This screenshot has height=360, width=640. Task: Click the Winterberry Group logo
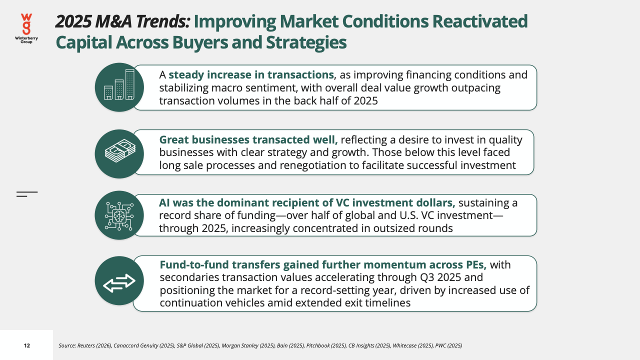pos(26,28)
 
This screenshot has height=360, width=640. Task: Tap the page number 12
pos(27,345)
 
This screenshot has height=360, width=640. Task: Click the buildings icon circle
pos(119,87)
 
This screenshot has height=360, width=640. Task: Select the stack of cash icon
pos(120,150)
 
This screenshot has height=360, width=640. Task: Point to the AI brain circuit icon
pos(119,216)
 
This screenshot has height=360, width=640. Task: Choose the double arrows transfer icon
pos(119,283)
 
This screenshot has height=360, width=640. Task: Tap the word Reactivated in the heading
pos(479,21)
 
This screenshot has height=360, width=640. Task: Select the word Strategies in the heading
pos(306,42)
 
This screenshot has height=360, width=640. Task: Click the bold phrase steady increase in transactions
pos(251,75)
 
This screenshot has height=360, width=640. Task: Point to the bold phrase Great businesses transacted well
pos(248,139)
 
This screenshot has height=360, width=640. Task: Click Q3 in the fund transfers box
pos(427,277)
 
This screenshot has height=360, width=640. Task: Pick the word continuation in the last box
pos(190,303)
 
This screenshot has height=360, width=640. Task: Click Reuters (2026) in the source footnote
pos(94,345)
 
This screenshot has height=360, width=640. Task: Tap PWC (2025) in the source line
pos(448,345)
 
